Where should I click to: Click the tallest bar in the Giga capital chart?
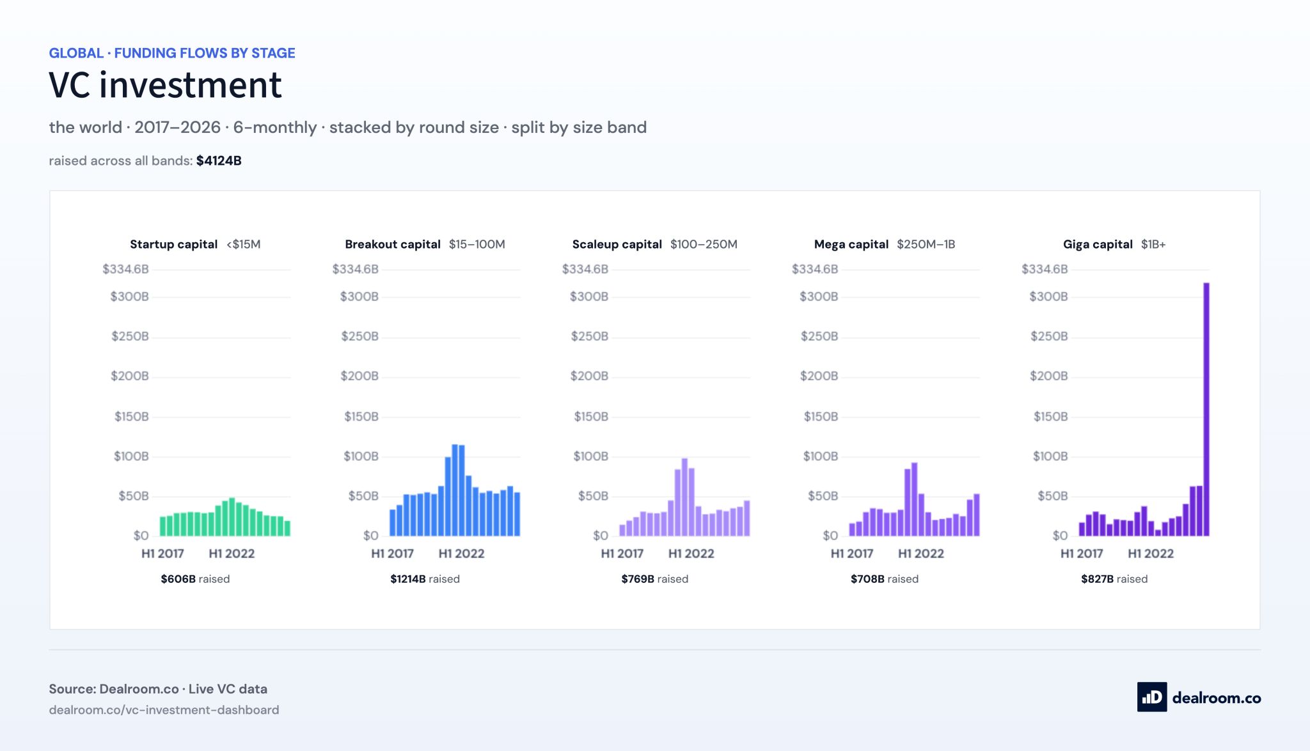[1206, 409]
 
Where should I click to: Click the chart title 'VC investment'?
[165, 85]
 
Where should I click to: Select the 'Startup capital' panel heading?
[174, 244]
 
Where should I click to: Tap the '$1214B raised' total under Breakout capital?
[425, 579]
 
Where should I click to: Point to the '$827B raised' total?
[1114, 579]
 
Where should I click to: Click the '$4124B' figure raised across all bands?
[219, 161]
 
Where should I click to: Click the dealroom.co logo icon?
[1152, 697]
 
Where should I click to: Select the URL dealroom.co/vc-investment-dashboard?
[164, 710]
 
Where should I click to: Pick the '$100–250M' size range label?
[704, 244]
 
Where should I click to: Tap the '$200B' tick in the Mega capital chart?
[819, 376]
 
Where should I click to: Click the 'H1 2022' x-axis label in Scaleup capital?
[691, 554]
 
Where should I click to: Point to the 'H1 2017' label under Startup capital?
[162, 554]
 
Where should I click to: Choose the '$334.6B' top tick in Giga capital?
[1045, 269]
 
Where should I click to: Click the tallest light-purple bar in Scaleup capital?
[684, 497]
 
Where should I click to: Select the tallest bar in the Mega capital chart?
[914, 499]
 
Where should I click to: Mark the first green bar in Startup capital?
[162, 526]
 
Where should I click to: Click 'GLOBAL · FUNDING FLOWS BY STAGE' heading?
[172, 53]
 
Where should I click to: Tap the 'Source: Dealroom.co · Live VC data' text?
[158, 689]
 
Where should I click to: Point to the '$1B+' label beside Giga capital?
[1153, 244]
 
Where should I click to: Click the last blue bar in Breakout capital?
[517, 514]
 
